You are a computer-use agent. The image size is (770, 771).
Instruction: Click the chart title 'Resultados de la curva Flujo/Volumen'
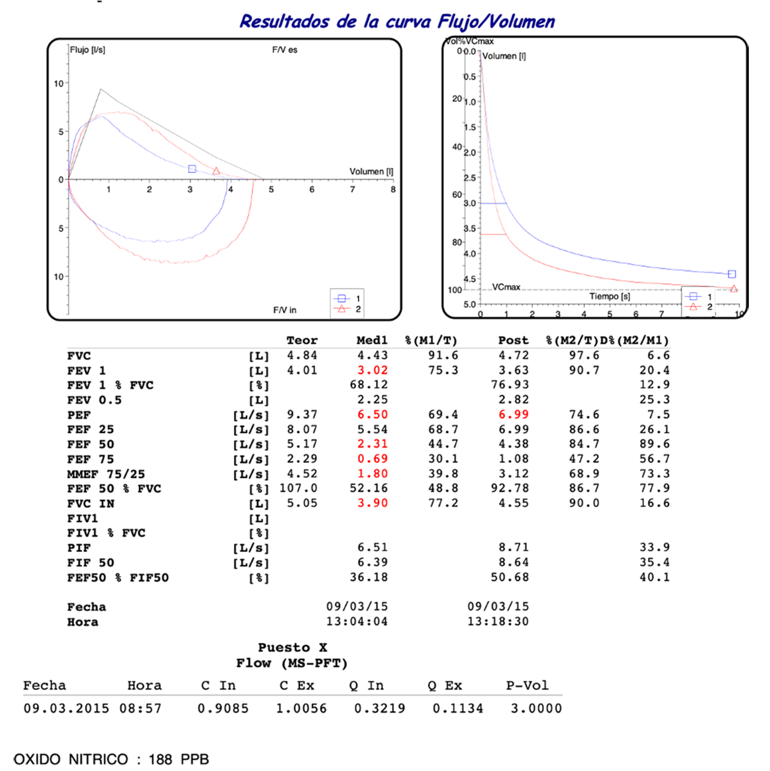click(397, 22)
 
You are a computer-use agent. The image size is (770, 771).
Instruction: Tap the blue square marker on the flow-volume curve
click(192, 169)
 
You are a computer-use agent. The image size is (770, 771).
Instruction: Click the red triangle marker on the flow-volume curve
click(216, 171)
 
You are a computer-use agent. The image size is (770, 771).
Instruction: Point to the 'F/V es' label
click(284, 50)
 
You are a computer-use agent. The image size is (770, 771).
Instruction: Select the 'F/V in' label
click(284, 310)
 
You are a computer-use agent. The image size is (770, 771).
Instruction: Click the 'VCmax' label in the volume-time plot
click(506, 287)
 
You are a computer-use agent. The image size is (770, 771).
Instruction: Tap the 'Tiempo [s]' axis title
click(610, 297)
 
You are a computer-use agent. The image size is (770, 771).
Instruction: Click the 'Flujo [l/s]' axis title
click(87, 50)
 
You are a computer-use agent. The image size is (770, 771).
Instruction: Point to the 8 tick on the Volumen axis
click(393, 190)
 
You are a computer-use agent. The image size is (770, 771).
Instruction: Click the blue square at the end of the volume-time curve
click(731, 274)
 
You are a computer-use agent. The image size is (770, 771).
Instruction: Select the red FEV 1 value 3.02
click(372, 370)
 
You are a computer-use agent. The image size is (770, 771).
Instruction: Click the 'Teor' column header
click(302, 340)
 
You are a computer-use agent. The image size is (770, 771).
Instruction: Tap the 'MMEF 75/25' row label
click(106, 474)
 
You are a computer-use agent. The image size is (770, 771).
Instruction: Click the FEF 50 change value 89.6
click(654, 444)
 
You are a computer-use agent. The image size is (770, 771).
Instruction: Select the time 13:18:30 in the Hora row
click(498, 621)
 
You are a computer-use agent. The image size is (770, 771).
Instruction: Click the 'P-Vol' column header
click(527, 686)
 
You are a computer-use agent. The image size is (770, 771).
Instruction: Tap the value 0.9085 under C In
click(223, 708)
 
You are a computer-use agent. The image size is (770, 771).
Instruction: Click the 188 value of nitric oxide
click(160, 759)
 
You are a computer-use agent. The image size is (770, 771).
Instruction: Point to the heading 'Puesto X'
click(292, 648)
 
